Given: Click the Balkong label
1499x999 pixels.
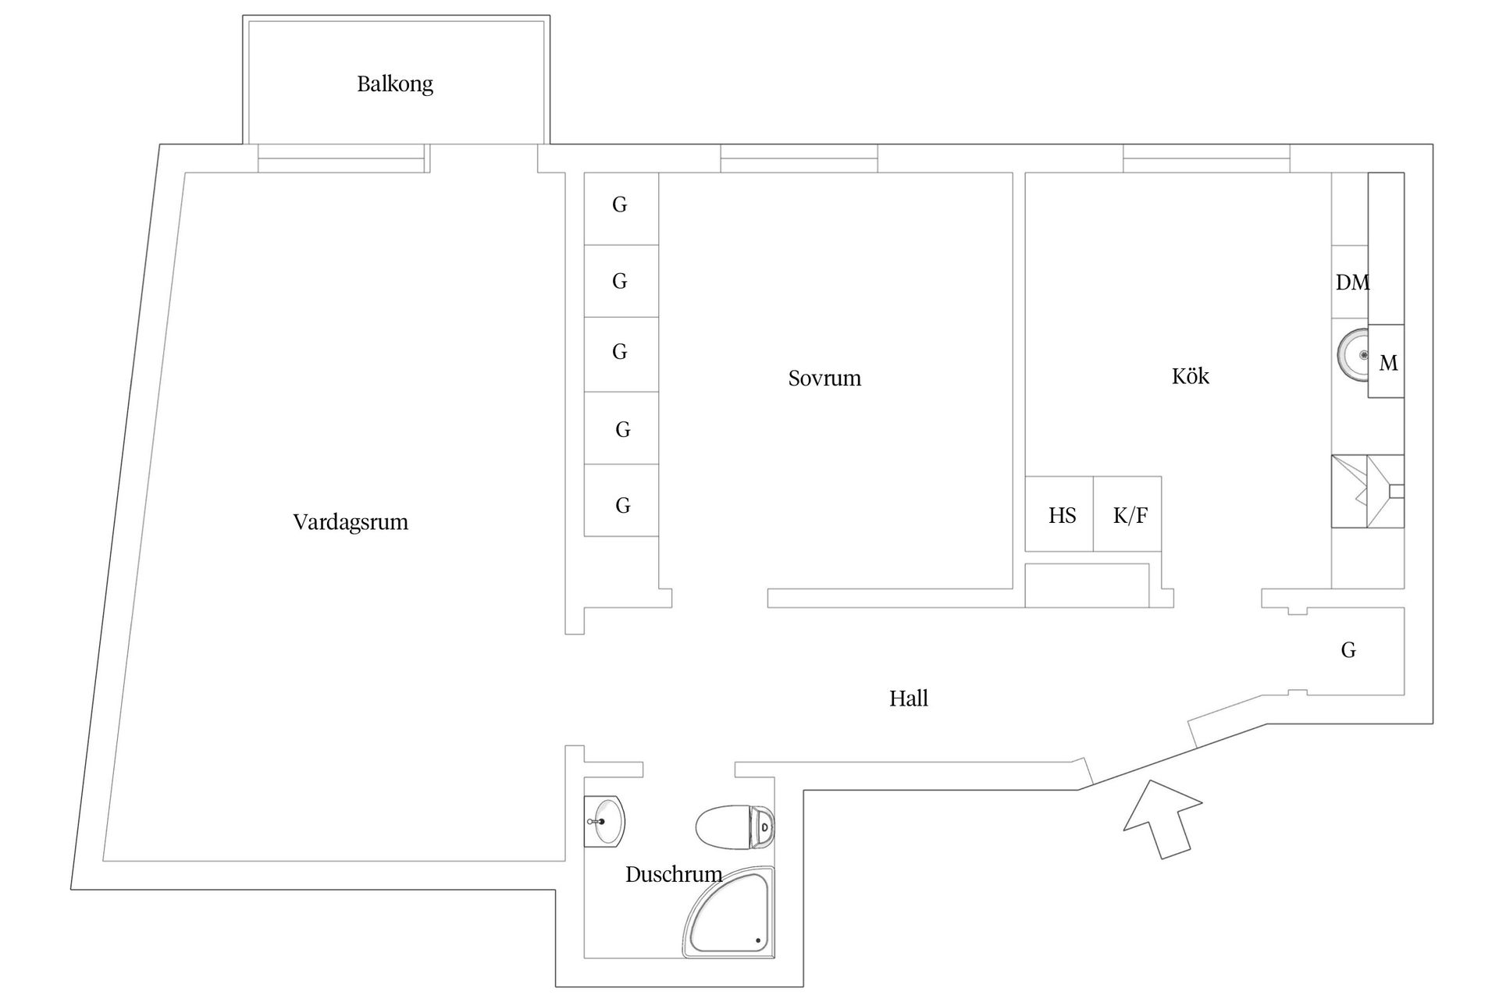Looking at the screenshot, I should pos(395,84).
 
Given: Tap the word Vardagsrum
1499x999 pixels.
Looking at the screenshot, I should pos(351,522).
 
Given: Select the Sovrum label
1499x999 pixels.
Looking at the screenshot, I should pos(824,379).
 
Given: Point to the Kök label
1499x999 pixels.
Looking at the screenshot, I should pos(1190,377).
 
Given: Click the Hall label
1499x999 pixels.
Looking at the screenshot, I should pos(909,699).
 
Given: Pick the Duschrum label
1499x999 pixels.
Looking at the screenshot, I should pos(673,874).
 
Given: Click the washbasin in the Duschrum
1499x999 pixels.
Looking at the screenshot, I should pos(605,821).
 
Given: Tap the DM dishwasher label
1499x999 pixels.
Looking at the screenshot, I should pos(1351,283).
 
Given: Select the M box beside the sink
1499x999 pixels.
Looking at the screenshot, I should pos(1387,362).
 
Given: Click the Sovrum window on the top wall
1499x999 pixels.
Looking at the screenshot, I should pos(799,158).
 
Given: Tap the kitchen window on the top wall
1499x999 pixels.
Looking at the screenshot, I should pos(1206,158).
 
